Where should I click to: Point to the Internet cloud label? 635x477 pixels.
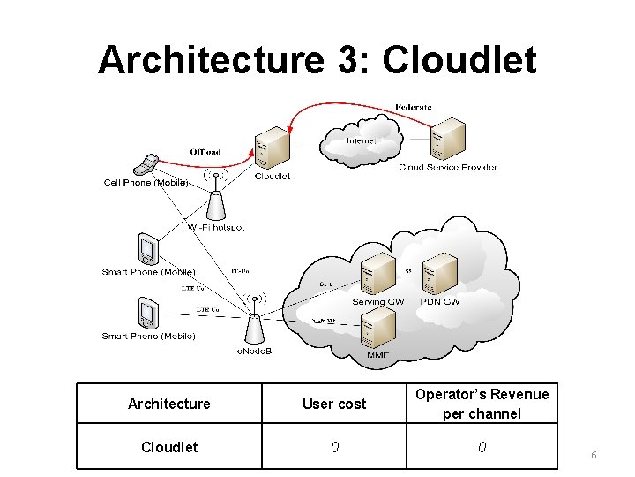coord(362,140)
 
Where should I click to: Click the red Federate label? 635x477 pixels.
coord(414,107)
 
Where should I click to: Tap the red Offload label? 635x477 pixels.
coord(205,152)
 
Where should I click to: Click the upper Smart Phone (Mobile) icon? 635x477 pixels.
coord(147,250)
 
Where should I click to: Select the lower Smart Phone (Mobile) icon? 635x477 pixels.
coord(147,314)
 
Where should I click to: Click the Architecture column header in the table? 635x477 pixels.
coord(169,404)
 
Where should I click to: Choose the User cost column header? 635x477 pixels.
coord(334,404)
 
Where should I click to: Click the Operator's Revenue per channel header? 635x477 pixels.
coord(482,404)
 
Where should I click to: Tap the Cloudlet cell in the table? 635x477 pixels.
coord(169,447)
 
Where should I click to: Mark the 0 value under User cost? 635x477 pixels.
coord(334,447)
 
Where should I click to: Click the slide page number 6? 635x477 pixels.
coord(594,454)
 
